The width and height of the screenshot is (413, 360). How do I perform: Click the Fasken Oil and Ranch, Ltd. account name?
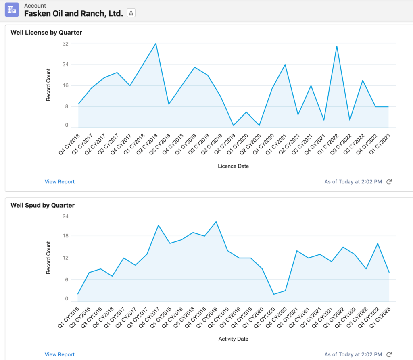coord(74,13)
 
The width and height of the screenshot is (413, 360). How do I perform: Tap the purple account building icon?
coord(12,10)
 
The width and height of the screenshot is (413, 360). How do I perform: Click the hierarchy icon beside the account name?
coord(131,13)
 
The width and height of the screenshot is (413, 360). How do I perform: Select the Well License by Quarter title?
coord(46,33)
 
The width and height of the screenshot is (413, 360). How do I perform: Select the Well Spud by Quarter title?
coord(42,205)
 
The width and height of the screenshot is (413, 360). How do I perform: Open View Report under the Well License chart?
coord(60,182)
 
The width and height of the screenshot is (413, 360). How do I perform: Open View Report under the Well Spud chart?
coord(60,355)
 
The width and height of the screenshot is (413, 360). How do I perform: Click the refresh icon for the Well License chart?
coord(389,182)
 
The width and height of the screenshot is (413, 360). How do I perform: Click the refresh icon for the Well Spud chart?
coord(389,355)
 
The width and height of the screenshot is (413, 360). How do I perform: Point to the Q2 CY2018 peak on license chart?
coord(156,43)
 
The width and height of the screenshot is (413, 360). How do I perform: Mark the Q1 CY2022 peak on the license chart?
coord(336,46)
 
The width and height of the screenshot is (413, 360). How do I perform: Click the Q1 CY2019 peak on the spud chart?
coord(216,222)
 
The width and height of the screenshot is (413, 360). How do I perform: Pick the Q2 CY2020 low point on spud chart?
coord(274,294)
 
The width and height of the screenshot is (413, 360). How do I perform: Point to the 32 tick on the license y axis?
coord(65,43)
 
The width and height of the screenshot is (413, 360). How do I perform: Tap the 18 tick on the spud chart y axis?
coord(65,236)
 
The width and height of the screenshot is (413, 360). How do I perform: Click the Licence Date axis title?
coord(233,166)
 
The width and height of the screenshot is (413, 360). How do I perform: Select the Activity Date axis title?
coord(233,339)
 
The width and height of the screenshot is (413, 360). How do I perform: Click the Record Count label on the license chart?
coord(48,85)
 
